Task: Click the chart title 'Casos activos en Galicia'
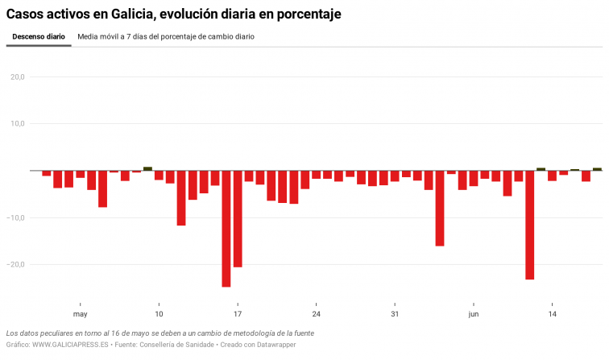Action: click(x=173, y=14)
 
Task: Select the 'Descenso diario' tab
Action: click(x=39, y=37)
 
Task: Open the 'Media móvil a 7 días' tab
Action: click(x=166, y=37)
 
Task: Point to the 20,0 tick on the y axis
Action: click(x=17, y=77)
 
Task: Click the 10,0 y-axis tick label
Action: click(x=17, y=124)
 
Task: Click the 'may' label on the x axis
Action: click(x=80, y=314)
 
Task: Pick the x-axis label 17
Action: click(x=238, y=314)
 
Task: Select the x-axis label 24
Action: click(x=316, y=314)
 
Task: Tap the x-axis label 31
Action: click(x=395, y=314)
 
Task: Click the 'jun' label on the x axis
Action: click(x=474, y=314)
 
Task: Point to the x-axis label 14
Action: click(x=552, y=314)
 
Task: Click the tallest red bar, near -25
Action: click(x=226, y=229)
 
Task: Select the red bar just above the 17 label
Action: click(x=238, y=218)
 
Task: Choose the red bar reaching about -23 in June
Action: click(x=530, y=225)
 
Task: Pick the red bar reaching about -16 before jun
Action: click(x=440, y=208)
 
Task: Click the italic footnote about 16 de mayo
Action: click(x=159, y=333)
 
